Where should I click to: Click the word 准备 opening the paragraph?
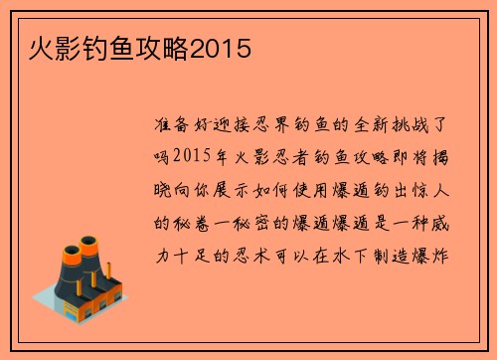(x=176, y=128)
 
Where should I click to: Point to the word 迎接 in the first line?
(x=241, y=128)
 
